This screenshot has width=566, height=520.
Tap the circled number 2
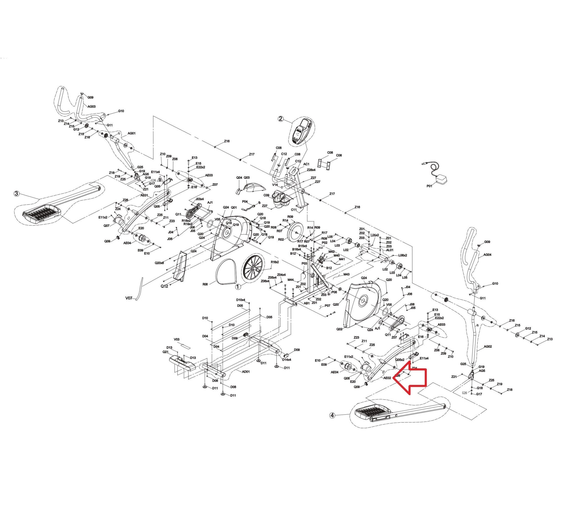coord(281,119)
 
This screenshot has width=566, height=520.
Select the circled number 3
coord(17,194)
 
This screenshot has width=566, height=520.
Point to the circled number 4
coord(332,415)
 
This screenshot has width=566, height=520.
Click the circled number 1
coord(238,287)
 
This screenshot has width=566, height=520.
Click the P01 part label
coord(429,186)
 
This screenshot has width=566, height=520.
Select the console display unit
coord(302,131)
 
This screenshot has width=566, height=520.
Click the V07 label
coord(129,298)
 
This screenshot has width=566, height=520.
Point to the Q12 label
coord(164,286)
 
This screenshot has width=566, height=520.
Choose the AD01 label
coord(246,371)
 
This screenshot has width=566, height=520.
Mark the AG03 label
coord(92,107)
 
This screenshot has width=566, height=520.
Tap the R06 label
coord(205,284)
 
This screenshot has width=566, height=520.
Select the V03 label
coord(177,339)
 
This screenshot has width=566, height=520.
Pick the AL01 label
coord(390,250)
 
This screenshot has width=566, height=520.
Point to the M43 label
coord(346,274)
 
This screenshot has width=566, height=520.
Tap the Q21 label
coord(165,352)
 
